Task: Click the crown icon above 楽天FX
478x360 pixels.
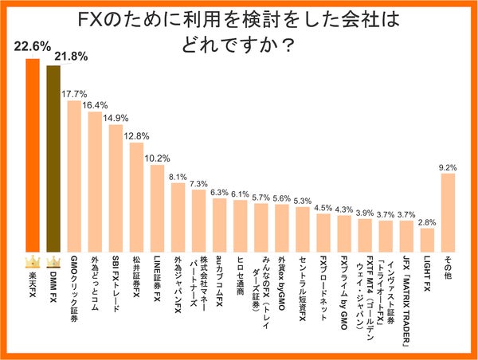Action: pos(33,261)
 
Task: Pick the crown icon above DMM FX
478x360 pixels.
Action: pos(53,261)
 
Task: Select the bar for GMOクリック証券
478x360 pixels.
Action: pos(74,175)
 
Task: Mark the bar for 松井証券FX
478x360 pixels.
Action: pos(136,195)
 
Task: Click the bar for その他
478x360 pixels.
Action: pos(448,211)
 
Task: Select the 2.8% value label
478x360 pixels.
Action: pos(427,222)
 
